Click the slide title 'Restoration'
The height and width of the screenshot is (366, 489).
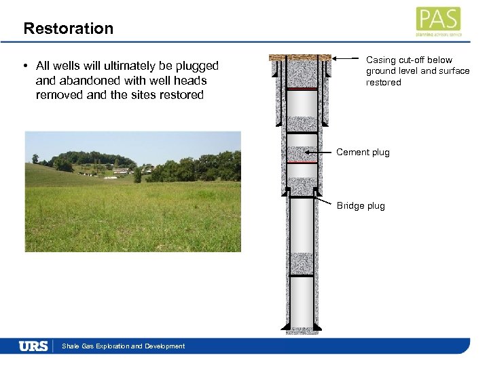(x=68, y=28)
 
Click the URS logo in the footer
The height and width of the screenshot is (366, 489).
(x=34, y=346)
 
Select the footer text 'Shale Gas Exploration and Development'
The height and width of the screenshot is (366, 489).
(x=123, y=346)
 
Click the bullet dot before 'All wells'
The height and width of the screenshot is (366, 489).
(x=24, y=66)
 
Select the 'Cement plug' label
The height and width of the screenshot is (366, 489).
(x=363, y=152)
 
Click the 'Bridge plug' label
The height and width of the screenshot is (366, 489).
(x=361, y=206)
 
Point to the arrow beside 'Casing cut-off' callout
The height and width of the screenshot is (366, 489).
(x=346, y=60)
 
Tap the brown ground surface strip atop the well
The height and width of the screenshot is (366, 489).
(x=300, y=58)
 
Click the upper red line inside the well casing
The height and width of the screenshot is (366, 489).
(x=302, y=89)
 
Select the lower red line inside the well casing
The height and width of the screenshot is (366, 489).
(x=302, y=163)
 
